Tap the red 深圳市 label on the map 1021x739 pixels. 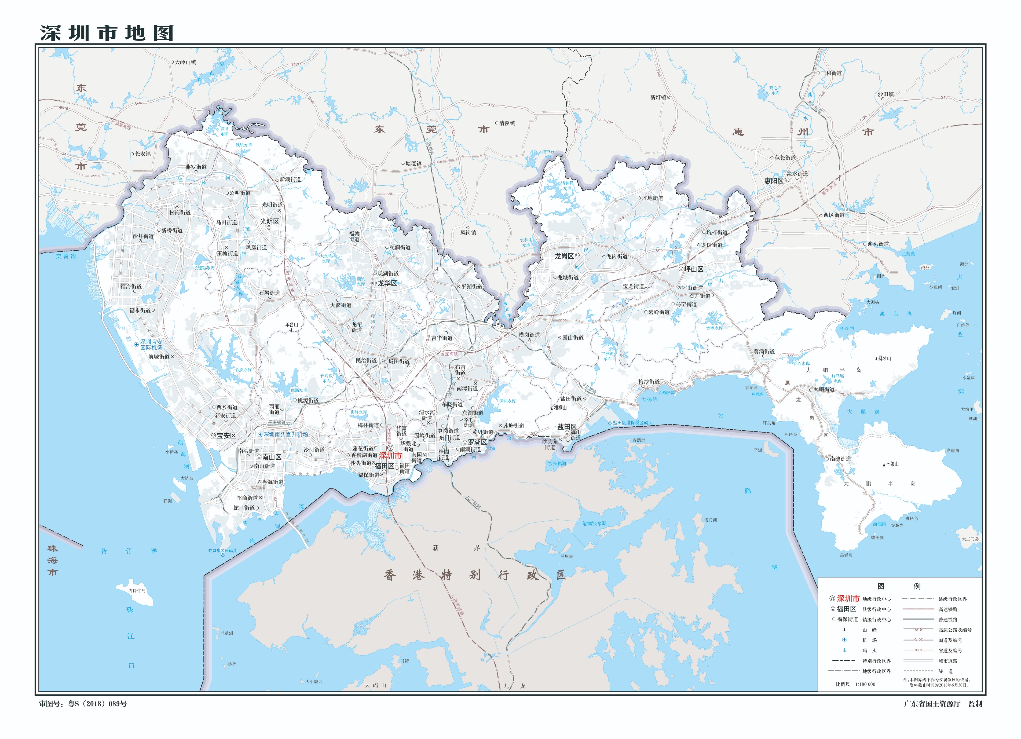click(390, 456)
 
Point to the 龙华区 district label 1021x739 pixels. click(387, 283)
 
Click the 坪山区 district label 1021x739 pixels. click(694, 269)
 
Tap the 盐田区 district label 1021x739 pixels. click(567, 427)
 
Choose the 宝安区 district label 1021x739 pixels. click(226, 436)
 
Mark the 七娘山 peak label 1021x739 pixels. click(892, 464)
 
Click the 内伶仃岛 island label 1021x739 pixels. click(137, 591)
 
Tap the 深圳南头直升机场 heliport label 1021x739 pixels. click(286, 434)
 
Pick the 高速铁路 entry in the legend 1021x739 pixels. click(948, 609)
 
